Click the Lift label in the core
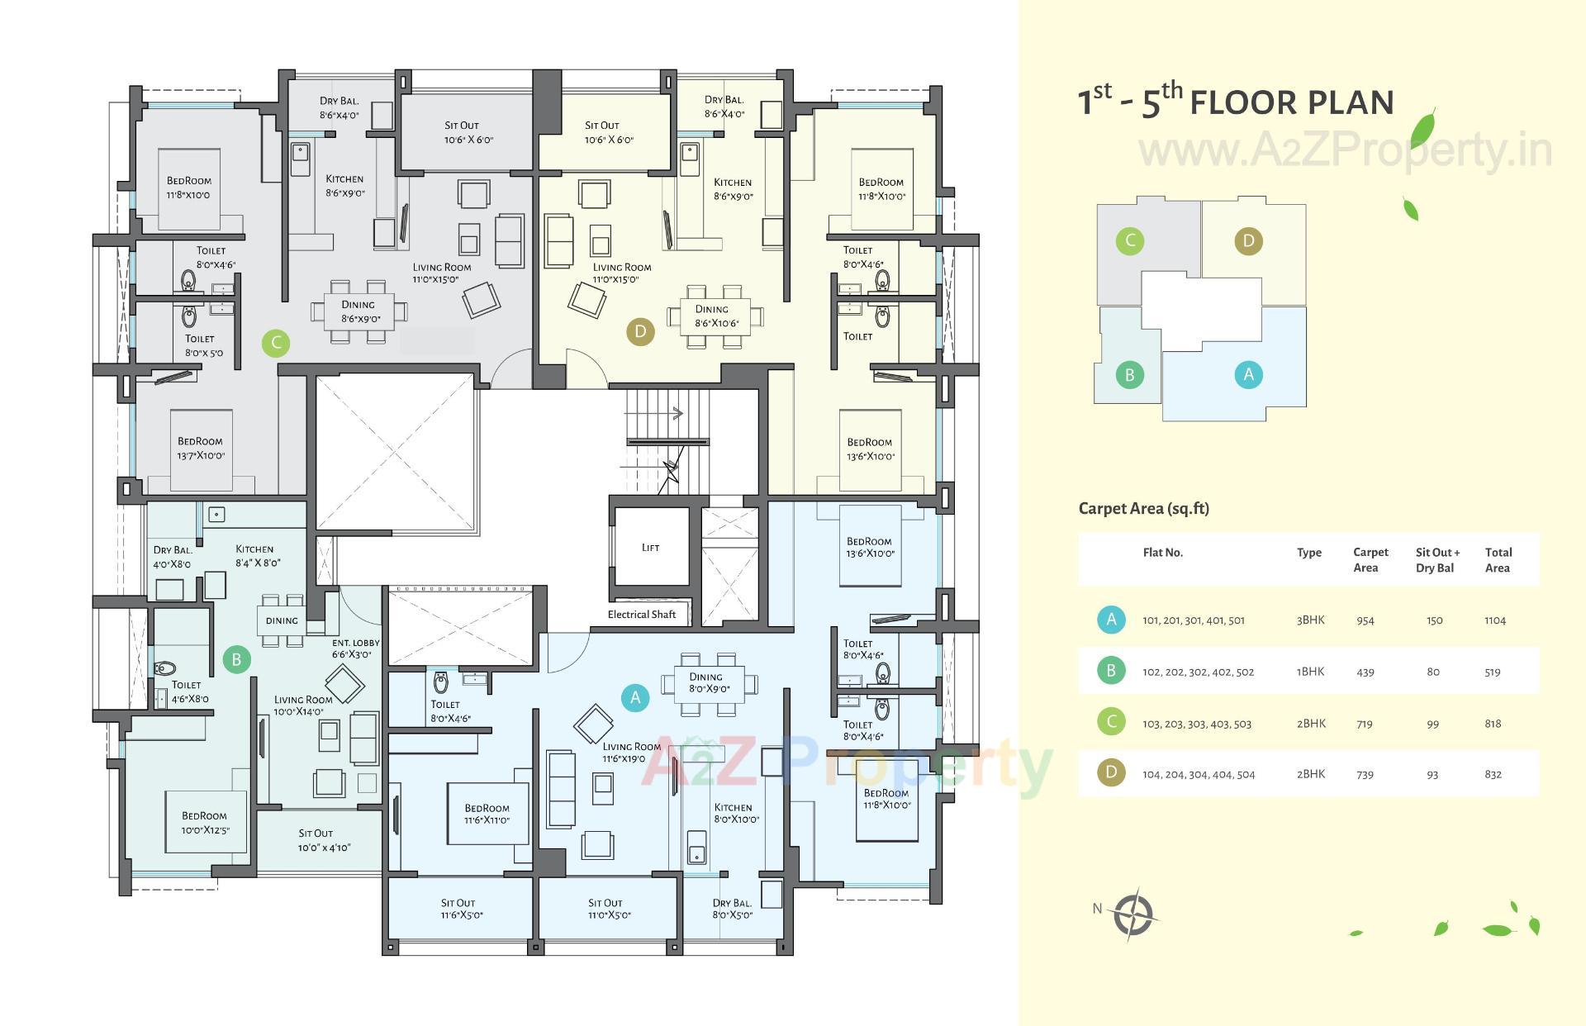coord(650,548)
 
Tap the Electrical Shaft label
coord(641,615)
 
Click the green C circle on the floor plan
coord(276,343)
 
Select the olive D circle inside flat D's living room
coord(640,332)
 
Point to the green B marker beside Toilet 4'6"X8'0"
coord(236,659)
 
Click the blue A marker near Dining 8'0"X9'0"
coord(635,697)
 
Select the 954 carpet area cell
coord(1365,620)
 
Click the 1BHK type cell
coord(1310,672)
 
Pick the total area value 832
coord(1493,775)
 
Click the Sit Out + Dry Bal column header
coord(1437,560)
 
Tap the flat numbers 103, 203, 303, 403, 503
coord(1196,724)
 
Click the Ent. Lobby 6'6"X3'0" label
coord(356,648)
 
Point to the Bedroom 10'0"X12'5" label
coord(205,823)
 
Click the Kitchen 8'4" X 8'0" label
coord(257,556)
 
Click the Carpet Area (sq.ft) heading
coord(1143,509)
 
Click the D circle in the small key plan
coord(1248,241)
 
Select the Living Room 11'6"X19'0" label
coord(631,752)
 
